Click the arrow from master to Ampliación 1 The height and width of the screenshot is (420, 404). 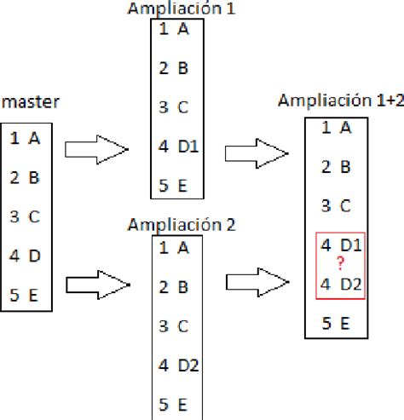(x=96, y=150)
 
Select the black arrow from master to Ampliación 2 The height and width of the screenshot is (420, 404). (x=96, y=282)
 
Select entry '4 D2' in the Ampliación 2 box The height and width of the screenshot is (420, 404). (x=178, y=365)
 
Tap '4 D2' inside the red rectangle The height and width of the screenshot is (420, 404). (x=340, y=283)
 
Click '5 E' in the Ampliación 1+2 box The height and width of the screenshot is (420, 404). (x=336, y=323)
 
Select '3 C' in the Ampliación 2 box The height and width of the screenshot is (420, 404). (x=174, y=325)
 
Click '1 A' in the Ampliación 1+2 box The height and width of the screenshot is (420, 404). (x=336, y=128)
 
